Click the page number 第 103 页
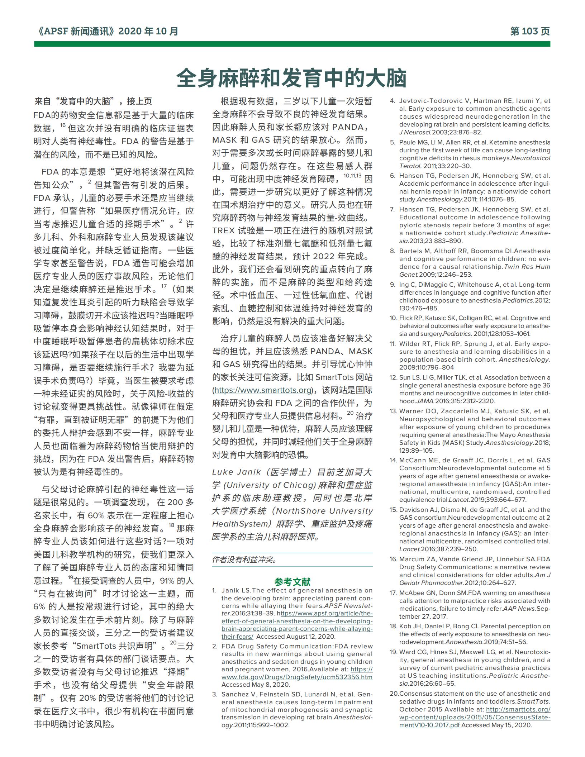tap(529, 32)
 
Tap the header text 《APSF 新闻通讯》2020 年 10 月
tap(107, 32)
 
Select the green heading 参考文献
tap(292, 581)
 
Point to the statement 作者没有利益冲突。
tap(244, 560)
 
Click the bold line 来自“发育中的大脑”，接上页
tap(93, 101)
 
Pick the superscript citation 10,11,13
tap(353, 176)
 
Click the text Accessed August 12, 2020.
tap(296, 637)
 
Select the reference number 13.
tap(394, 411)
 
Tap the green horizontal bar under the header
tap(292, 44)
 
